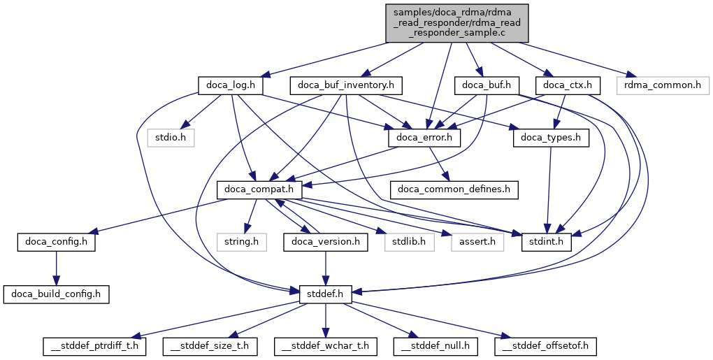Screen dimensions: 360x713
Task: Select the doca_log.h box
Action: pyautogui.click(x=230, y=85)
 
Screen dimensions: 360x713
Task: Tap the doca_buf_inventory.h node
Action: pyautogui.click(x=347, y=85)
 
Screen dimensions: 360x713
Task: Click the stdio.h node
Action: pyautogui.click(x=171, y=138)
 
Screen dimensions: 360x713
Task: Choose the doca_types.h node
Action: pyautogui.click(x=551, y=138)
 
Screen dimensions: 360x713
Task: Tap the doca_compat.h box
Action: pyautogui.click(x=259, y=189)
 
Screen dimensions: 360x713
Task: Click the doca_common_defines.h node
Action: pyautogui.click(x=454, y=189)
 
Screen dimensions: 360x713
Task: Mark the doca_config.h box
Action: pyautogui.click(x=57, y=242)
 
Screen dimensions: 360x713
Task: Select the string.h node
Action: pyautogui.click(x=241, y=242)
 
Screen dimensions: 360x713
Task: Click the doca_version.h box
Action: pyautogui.click(x=326, y=242)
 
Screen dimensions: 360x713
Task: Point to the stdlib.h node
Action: pyautogui.click(x=409, y=242)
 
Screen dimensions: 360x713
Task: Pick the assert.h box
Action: pyautogui.click(x=477, y=242)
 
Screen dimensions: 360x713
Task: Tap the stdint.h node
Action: pyautogui.click(x=547, y=242)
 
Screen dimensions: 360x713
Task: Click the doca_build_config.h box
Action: pyautogui.click(x=57, y=294)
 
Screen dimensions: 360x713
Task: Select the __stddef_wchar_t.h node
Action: pyautogui.click(x=325, y=345)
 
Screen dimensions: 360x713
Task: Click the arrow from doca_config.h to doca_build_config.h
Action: pyautogui.click(x=57, y=268)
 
